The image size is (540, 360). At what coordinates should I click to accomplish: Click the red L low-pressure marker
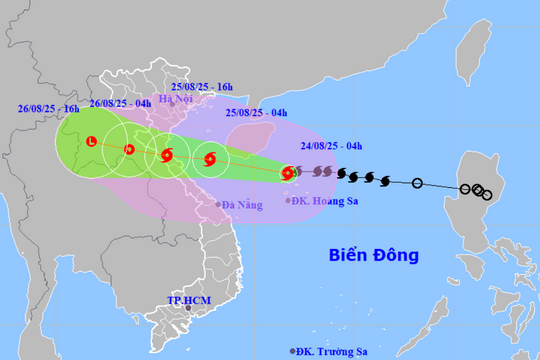point(91,142)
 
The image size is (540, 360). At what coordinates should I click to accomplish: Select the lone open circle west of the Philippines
point(417,183)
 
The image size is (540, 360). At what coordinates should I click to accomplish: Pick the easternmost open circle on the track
point(487,195)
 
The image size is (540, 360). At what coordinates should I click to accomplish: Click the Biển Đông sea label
point(374,255)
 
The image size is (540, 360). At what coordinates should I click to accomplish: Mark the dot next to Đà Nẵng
point(218,205)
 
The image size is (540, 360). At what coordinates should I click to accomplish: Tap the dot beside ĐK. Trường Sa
point(293,350)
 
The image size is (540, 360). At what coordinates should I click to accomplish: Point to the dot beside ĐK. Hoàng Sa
point(288,200)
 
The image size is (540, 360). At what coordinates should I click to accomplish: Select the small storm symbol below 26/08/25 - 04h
point(129,150)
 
